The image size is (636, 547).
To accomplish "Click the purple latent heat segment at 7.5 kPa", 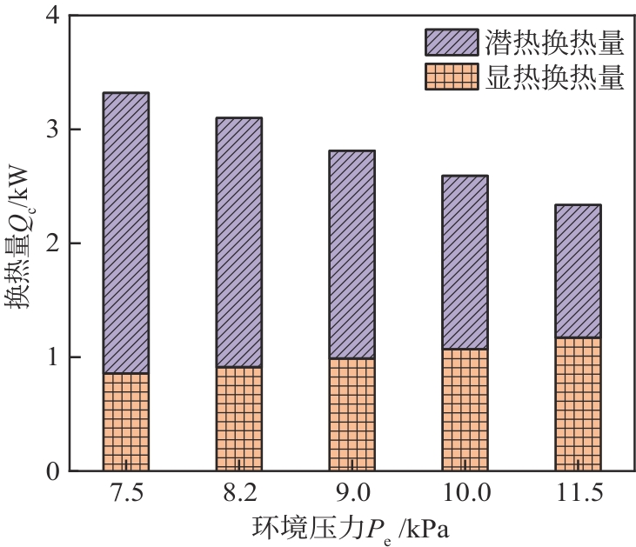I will [x=126, y=233].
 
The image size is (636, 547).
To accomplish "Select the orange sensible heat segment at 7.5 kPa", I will [x=126, y=422].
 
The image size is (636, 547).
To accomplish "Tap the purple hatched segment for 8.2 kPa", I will [x=239, y=242].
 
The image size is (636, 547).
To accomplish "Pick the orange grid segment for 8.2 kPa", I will [x=239, y=418].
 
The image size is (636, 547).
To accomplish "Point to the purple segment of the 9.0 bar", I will [x=351, y=254].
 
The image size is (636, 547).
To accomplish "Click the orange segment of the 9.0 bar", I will [x=351, y=414].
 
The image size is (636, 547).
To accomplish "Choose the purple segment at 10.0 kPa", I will [x=465, y=262].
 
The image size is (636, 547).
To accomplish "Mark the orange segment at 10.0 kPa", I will [x=465, y=410].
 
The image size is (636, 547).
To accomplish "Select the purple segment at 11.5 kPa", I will [x=578, y=270].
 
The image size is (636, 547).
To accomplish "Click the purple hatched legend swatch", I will [x=451, y=42].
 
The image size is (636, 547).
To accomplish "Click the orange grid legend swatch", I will [x=451, y=77].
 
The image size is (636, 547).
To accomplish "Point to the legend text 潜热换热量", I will [x=555, y=42].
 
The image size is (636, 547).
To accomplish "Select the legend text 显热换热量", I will [x=555, y=77].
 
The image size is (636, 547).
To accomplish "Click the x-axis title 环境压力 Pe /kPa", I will [x=351, y=528].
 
